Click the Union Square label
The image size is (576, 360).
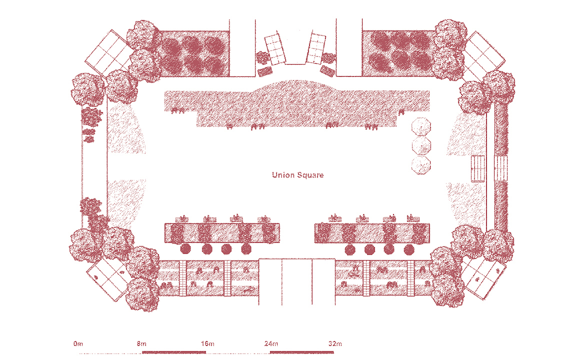pos(297,175)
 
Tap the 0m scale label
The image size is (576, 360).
pos(77,344)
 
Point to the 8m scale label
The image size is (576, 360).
pos(141,344)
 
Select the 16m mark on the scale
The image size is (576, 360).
pos(207,344)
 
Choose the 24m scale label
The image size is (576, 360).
pos(270,344)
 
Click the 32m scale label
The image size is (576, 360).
pos(335,344)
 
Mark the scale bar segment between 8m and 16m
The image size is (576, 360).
pos(174,352)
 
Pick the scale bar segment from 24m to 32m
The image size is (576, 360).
pos(302,352)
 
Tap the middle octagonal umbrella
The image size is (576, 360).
pos(421,145)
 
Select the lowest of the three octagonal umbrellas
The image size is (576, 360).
pos(421,165)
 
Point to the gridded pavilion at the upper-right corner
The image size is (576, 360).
pos(483,55)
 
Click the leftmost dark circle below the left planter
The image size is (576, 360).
pos(185,249)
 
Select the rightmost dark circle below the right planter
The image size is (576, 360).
pos(409,249)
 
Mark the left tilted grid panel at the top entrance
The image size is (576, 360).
pos(275,49)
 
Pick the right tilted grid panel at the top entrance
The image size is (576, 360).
pos(316,47)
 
